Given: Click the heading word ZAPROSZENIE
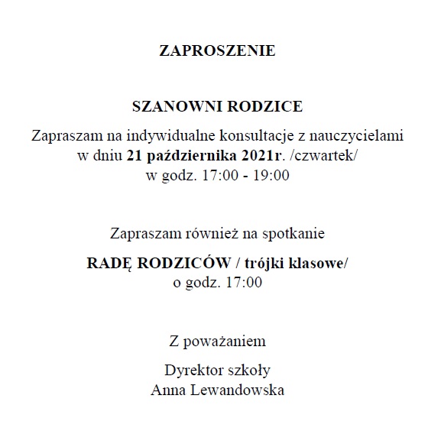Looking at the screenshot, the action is tap(216, 52).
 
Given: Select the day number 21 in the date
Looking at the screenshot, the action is tap(135, 157).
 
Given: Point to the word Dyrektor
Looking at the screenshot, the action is tap(191, 371).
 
